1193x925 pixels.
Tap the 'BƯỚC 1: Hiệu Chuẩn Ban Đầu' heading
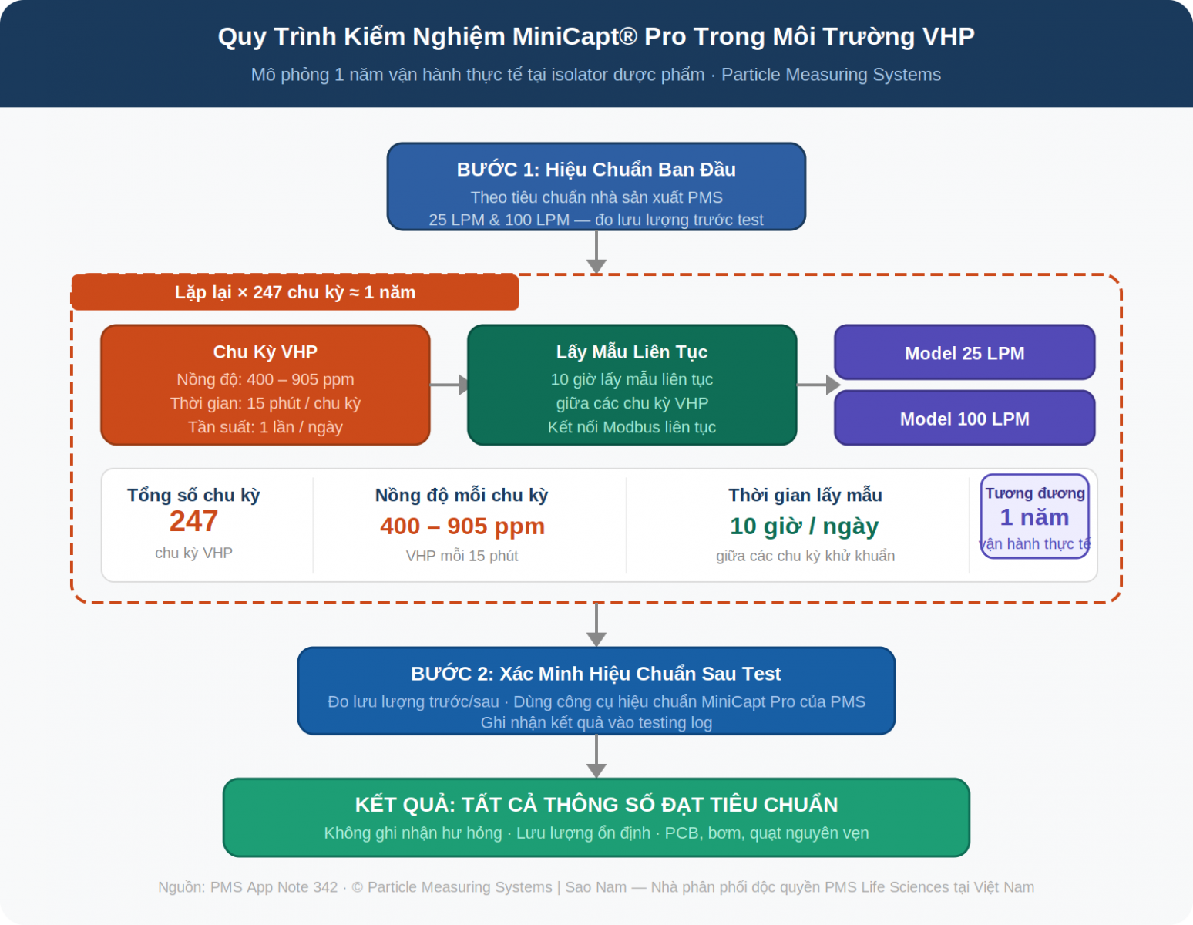[x=596, y=170]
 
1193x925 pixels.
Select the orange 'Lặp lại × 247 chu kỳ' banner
[x=294, y=293]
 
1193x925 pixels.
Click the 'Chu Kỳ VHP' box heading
[x=265, y=352]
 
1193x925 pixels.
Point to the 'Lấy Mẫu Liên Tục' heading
[x=631, y=352]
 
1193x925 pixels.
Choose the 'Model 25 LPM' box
[x=964, y=353]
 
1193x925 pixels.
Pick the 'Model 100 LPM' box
[x=964, y=419]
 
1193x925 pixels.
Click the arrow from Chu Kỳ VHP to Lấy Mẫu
[x=449, y=385]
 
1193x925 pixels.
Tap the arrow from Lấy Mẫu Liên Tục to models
[x=817, y=385]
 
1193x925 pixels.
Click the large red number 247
[x=193, y=522]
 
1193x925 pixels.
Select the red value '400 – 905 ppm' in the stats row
[x=462, y=526]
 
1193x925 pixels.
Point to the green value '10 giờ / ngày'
[x=804, y=526]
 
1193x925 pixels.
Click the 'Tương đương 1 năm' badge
[x=1034, y=516]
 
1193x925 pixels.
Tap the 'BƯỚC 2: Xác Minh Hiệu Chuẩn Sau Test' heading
[x=596, y=674]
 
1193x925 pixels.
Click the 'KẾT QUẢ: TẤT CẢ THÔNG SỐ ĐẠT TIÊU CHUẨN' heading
[x=596, y=805]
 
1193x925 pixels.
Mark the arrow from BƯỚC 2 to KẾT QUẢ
[x=596, y=756]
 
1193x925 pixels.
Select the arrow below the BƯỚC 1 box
[x=596, y=252]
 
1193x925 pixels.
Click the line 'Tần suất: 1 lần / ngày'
[x=265, y=427]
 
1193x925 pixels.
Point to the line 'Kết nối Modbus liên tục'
[x=631, y=427]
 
